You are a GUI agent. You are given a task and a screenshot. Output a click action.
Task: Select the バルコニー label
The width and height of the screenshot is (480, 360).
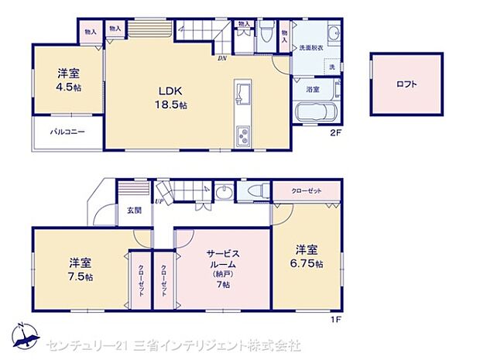(x=67, y=132)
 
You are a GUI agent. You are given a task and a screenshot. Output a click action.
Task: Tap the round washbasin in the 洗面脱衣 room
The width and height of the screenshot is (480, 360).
(x=332, y=33)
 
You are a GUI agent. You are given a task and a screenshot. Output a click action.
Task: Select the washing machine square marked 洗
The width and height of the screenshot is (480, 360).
(x=333, y=67)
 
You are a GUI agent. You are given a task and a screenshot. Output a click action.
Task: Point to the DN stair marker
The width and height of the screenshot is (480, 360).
(x=221, y=58)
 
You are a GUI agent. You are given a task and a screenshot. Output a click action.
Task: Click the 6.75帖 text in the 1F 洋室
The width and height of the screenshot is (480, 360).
(x=308, y=264)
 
